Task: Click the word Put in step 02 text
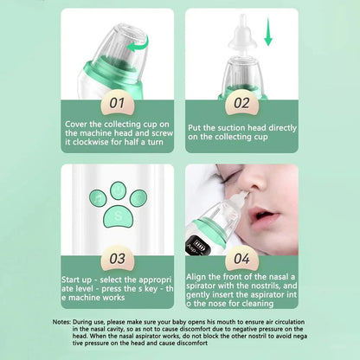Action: click(196, 125)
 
